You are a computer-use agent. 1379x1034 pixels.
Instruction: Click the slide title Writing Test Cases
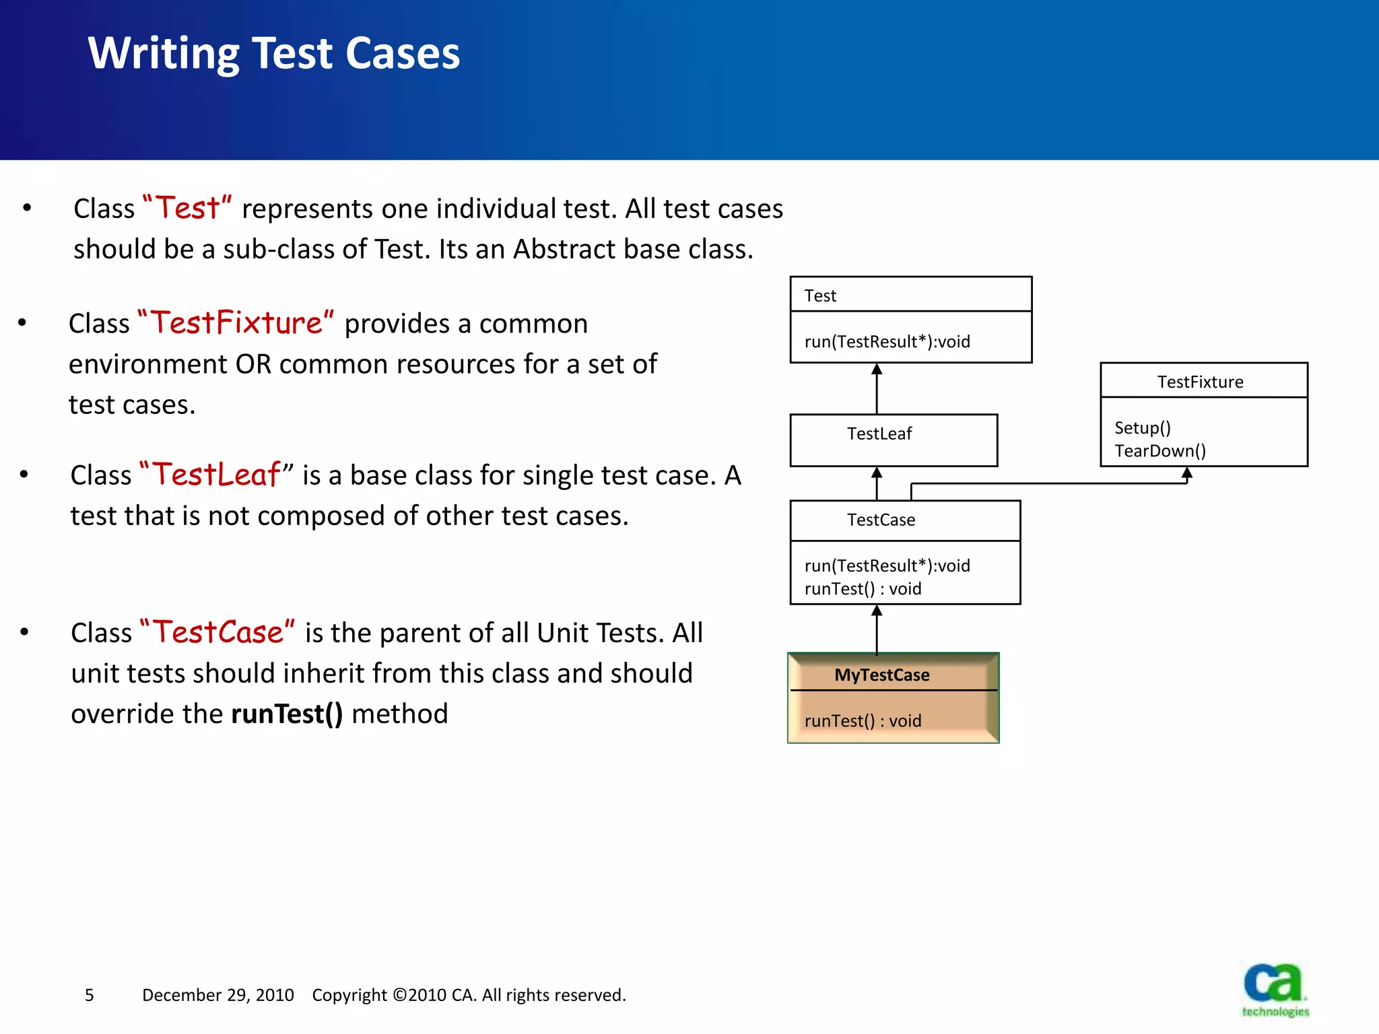273,54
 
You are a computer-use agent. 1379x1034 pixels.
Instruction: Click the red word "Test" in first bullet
188,208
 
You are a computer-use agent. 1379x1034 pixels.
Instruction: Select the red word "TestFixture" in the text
236,323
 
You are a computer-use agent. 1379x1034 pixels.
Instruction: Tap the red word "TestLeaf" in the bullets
216,475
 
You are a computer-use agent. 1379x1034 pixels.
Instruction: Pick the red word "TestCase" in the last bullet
217,632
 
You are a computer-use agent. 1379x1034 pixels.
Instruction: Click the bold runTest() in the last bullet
287,714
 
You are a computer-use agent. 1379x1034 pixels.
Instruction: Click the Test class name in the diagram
820,296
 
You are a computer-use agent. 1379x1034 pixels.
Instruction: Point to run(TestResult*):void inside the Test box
887,341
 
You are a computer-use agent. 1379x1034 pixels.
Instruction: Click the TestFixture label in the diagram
1200,382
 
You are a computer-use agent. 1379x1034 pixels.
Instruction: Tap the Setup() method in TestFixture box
1143,427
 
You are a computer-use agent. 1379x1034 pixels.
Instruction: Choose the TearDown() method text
1159,450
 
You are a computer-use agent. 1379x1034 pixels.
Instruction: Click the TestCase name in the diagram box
881,520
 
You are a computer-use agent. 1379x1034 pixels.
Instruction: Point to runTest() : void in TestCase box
863,588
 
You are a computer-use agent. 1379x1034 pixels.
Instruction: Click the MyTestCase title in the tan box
881,675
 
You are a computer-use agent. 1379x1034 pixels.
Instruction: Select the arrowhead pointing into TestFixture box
1187,473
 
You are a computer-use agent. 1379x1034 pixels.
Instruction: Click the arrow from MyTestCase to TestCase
877,629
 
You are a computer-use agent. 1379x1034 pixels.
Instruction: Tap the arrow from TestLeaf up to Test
877,389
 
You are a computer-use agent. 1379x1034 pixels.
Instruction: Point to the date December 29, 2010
217,995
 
